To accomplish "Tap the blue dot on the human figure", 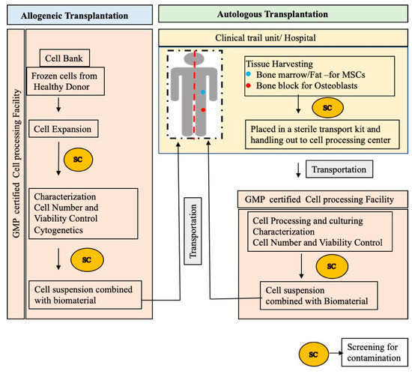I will point(202,91).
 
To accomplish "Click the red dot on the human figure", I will point(202,110).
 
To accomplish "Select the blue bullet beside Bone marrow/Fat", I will point(248,75).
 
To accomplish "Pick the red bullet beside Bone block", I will point(248,87).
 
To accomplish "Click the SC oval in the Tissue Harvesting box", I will point(327,106).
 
